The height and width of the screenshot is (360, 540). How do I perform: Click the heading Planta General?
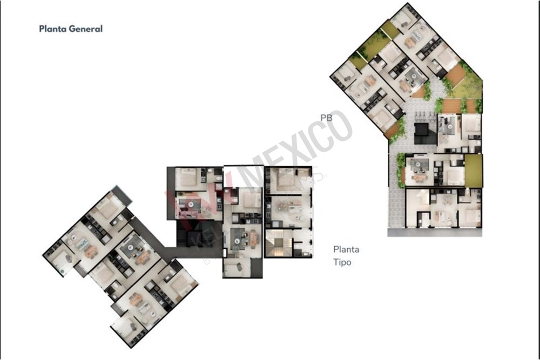tap(71, 29)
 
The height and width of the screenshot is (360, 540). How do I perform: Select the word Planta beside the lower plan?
tap(346, 250)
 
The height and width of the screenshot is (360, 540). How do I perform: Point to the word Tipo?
tap(342, 262)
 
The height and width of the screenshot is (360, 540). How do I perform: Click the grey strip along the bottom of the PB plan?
tap(435, 233)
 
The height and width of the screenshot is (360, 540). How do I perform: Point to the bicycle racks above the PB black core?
tap(424, 115)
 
